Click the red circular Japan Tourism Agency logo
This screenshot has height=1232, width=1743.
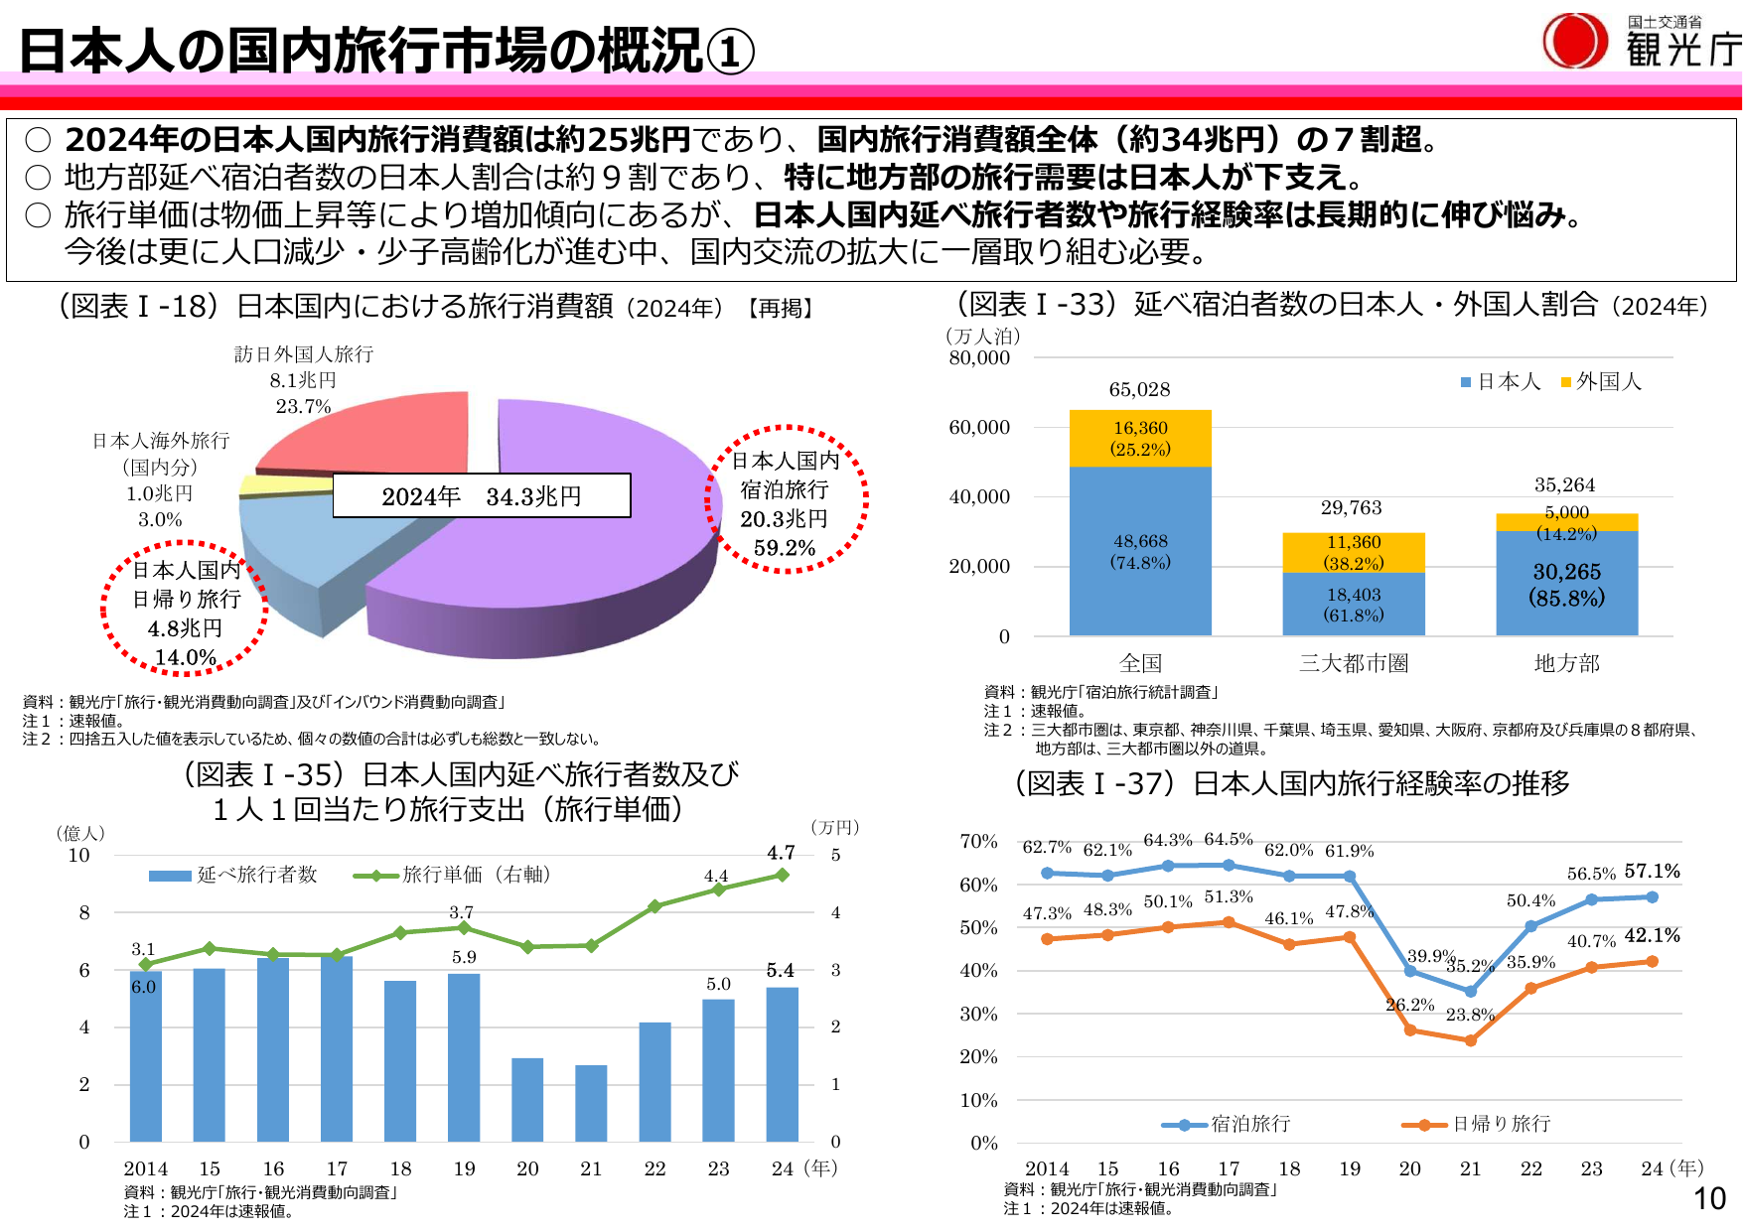click(1574, 42)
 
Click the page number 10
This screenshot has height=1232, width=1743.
click(1709, 1198)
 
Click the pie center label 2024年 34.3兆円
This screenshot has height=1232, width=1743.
click(482, 495)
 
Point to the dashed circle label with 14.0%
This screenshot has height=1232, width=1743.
click(186, 609)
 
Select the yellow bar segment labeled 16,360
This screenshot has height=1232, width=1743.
click(1140, 438)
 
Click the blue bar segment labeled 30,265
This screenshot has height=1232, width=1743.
click(1566, 584)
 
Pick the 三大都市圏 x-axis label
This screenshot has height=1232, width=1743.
click(1354, 663)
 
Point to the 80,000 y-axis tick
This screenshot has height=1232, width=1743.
click(979, 357)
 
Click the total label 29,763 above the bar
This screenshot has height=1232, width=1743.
click(1351, 508)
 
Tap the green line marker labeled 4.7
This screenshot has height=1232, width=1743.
click(783, 875)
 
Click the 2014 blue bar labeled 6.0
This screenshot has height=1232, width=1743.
click(145, 1057)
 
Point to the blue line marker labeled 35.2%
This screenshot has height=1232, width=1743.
click(1471, 991)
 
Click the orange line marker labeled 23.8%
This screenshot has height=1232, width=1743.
click(1471, 1040)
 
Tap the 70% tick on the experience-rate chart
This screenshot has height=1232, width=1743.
click(978, 841)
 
